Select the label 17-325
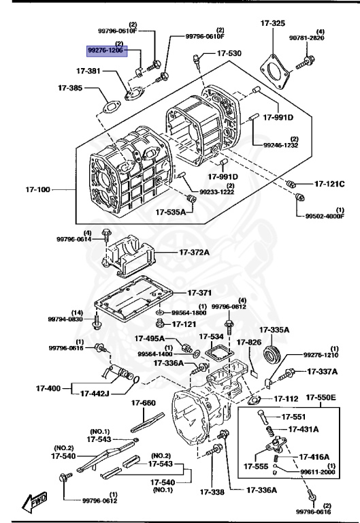click(x=273, y=23)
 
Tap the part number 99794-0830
click(x=65, y=319)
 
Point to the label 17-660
click(x=143, y=402)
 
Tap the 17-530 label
click(x=229, y=52)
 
